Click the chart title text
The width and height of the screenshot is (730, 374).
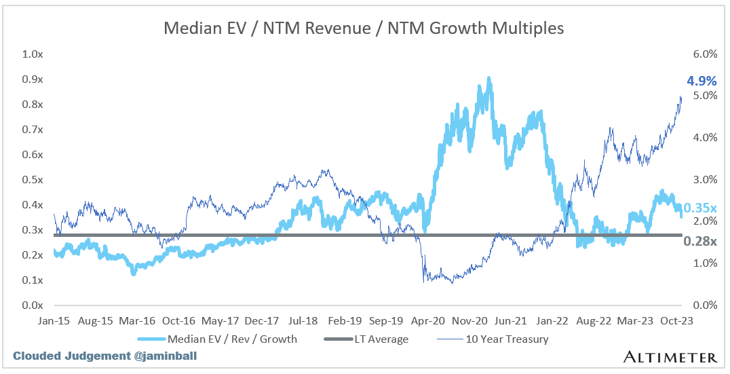(364, 28)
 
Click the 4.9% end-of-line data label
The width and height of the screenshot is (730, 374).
(702, 81)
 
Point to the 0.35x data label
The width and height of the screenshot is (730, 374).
(699, 208)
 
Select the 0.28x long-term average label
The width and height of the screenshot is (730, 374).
(700, 241)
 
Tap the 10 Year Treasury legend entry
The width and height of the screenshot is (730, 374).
(505, 338)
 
